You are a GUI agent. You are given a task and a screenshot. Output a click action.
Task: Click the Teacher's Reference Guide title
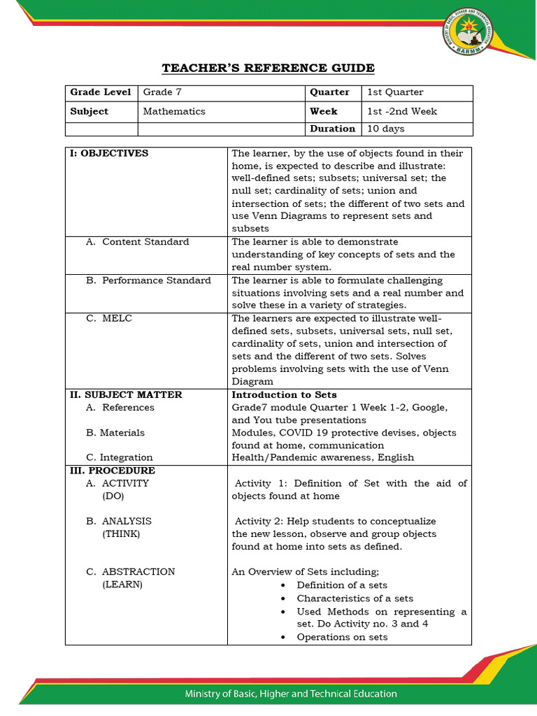click(x=268, y=68)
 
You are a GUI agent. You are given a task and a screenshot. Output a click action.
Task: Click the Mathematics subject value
click(x=174, y=111)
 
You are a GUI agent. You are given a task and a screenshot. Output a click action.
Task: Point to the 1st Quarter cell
click(x=395, y=92)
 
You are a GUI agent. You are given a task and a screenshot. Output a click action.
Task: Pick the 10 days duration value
click(x=385, y=129)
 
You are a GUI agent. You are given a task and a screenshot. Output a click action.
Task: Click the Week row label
click(x=324, y=111)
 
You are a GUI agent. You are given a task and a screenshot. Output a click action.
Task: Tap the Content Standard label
click(x=145, y=242)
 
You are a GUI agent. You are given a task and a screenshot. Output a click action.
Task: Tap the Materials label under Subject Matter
click(x=115, y=433)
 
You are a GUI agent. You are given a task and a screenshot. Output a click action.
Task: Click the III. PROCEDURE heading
click(x=112, y=471)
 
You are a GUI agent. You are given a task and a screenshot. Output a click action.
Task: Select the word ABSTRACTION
click(x=138, y=572)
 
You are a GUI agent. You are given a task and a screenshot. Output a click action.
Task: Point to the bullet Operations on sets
click(x=342, y=637)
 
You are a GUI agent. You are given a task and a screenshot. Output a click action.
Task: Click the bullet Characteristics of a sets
click(x=355, y=599)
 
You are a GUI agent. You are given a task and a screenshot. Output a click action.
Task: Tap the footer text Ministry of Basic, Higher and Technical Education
click(x=290, y=694)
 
